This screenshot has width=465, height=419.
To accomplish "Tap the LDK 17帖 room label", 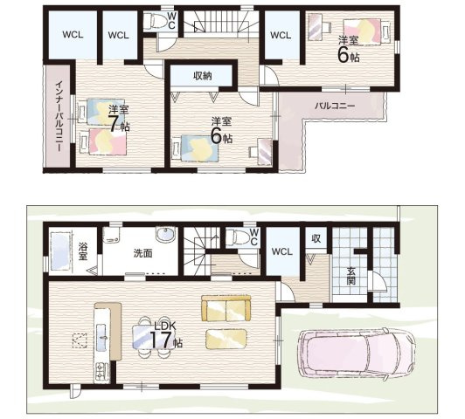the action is click(165, 335).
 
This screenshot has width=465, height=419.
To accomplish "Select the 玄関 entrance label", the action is click(350, 276).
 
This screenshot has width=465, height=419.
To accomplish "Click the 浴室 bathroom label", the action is click(83, 251).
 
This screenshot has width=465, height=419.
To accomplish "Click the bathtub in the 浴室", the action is click(61, 251).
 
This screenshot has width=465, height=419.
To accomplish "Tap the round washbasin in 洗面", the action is click(165, 235).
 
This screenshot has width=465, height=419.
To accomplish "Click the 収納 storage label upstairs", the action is click(203, 76).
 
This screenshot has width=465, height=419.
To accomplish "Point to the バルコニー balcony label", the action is click(335, 106).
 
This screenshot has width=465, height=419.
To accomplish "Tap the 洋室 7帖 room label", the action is click(119, 119).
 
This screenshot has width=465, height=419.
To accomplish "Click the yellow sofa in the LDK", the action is click(226, 308).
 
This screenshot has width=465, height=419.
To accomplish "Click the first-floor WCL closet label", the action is click(282, 251).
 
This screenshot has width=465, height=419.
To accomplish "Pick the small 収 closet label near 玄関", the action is click(316, 238).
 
